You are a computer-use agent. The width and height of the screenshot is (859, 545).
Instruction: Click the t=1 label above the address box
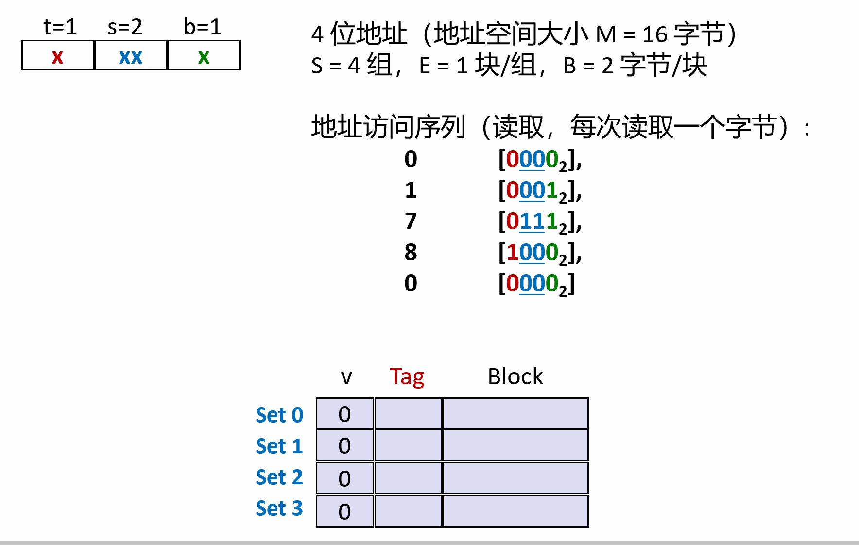60,27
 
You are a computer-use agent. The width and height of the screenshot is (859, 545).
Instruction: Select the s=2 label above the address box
125,27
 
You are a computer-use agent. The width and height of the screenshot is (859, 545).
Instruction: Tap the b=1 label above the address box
202,27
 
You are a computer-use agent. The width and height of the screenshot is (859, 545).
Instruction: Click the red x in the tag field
57,57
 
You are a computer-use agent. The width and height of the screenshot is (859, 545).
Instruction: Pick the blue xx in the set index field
130,57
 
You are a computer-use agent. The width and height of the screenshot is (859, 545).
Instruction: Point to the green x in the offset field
204,57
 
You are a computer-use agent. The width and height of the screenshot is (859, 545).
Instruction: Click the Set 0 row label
279,415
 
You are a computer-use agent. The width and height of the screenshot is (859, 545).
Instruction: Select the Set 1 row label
279,446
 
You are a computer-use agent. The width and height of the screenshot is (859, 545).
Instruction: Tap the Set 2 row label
279,477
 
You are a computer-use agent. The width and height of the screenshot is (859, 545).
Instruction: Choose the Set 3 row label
279,509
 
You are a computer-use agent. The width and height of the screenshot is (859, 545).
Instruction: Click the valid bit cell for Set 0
344,414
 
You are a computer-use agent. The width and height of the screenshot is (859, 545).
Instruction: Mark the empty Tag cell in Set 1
408,445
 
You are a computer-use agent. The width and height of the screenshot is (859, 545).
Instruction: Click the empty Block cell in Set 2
515,478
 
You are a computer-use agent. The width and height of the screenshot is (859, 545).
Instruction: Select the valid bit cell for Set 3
344,511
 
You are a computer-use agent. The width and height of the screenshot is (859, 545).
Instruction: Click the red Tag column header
407,377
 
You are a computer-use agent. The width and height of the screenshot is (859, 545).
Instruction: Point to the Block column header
515,377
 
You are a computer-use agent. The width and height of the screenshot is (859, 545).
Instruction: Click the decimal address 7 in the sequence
411,221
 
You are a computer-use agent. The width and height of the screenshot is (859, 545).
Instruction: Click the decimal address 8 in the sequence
411,253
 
